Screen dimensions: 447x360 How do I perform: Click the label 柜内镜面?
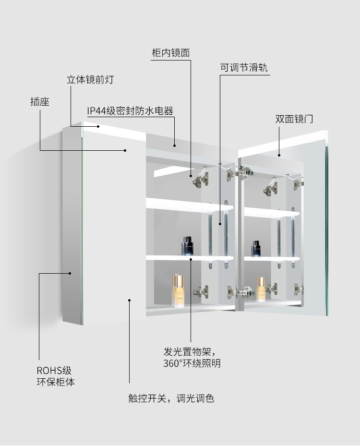click(170, 53)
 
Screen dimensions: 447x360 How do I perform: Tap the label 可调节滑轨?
click(244, 68)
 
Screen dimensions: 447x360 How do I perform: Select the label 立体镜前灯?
click(90, 80)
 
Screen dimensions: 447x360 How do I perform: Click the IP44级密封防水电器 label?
click(130, 111)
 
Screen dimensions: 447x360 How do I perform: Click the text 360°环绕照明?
click(192, 363)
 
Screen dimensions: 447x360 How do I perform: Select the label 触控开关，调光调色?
click(171, 399)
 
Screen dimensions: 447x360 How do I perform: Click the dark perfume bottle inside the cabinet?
click(187, 246)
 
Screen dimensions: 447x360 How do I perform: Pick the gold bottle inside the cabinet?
click(179, 291)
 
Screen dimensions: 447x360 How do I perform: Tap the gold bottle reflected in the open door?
click(261, 289)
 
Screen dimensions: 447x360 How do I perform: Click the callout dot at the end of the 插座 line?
click(126, 150)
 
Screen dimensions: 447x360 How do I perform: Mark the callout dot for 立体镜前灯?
click(99, 126)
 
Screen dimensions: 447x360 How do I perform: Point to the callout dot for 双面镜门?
click(279, 155)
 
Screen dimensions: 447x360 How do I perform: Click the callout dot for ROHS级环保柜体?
click(70, 273)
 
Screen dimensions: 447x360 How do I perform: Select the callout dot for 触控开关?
click(130, 300)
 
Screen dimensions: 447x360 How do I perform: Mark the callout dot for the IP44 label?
click(174, 145)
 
